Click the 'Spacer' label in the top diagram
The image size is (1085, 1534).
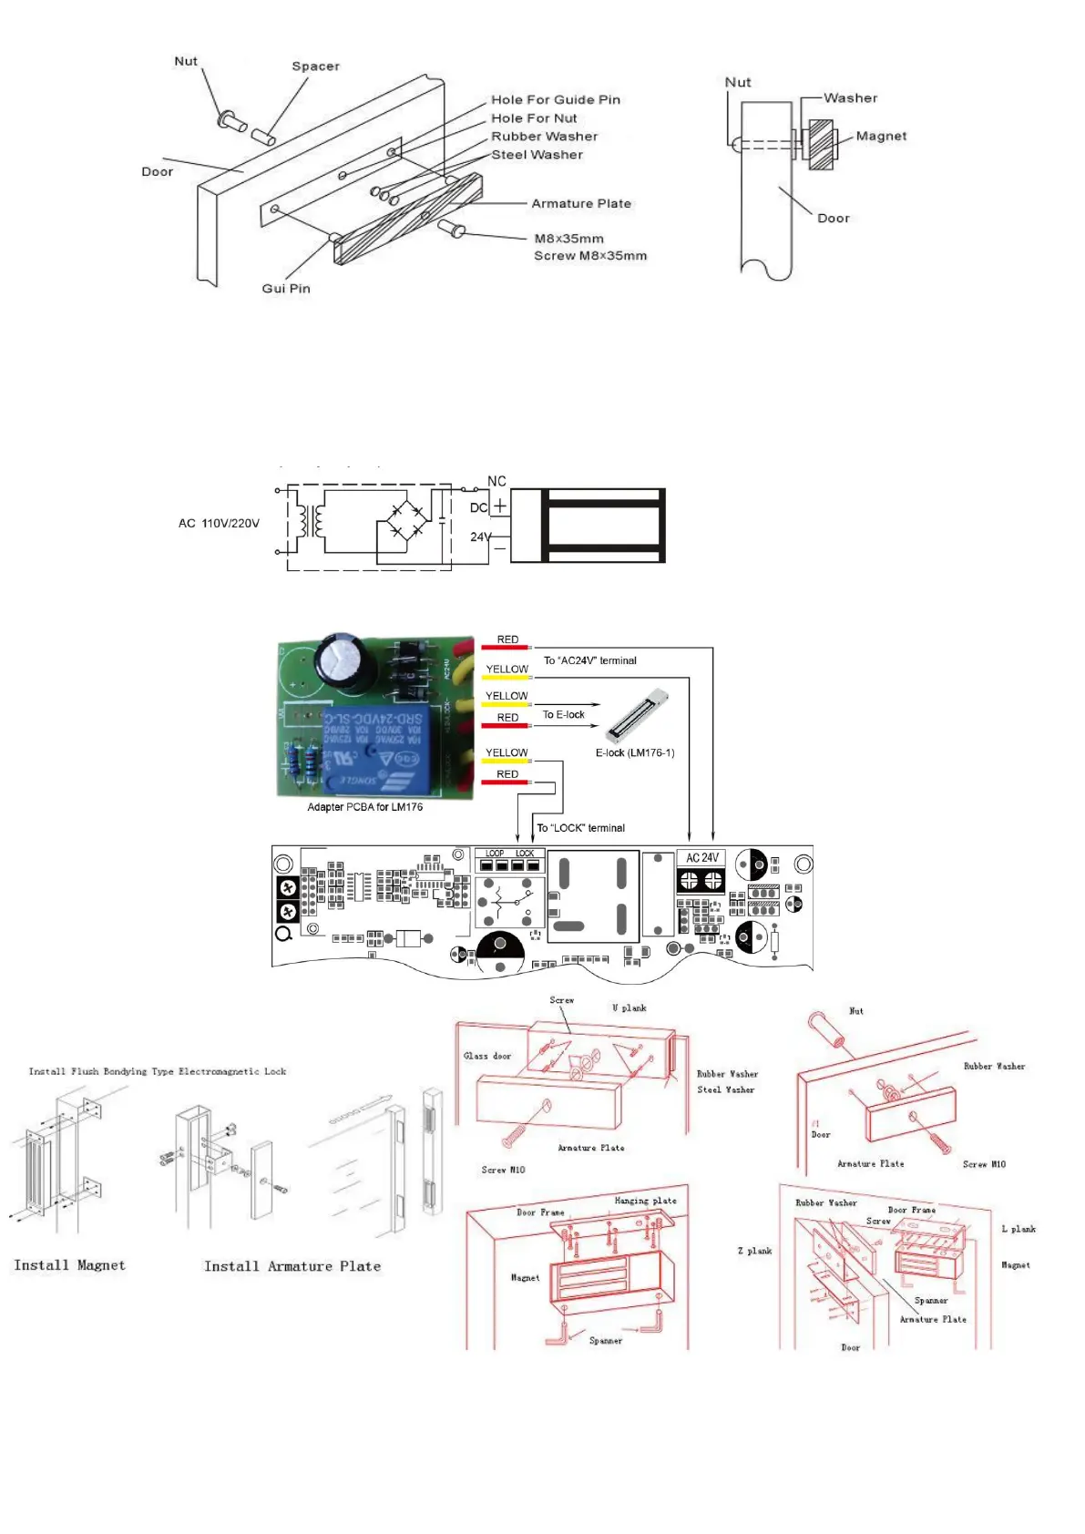click(x=315, y=66)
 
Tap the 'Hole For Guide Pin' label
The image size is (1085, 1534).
click(x=555, y=100)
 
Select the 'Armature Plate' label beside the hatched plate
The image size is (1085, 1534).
click(x=580, y=204)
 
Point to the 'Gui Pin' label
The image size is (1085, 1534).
click(x=286, y=289)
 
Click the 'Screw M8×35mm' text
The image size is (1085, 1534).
click(x=589, y=256)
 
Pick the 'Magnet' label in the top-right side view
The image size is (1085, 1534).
click(x=880, y=137)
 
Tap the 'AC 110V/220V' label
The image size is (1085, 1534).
click(x=219, y=524)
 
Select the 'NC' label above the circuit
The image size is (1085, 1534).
click(x=496, y=482)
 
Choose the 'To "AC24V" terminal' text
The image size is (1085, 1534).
click(x=589, y=661)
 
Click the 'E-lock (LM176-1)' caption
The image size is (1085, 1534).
click(x=634, y=753)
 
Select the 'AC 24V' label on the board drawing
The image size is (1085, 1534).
click(x=701, y=858)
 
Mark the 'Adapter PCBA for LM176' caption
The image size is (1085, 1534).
click(x=364, y=807)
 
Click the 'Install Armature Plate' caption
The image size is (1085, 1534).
click(x=292, y=1266)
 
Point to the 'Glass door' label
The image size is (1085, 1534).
click(x=486, y=1057)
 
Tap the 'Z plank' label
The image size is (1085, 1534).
click(x=754, y=1252)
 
